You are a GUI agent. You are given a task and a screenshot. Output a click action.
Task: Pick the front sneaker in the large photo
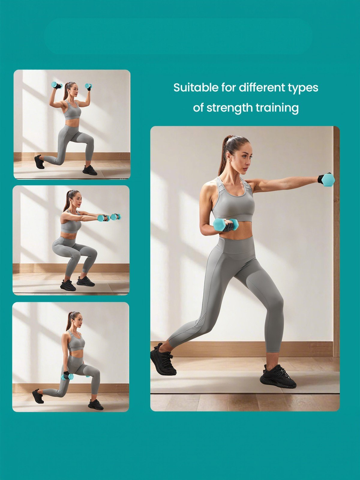click(277, 377)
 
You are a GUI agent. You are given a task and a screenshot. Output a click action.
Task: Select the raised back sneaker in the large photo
click(163, 359)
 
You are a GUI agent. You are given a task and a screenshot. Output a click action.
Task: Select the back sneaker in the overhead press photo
click(39, 162)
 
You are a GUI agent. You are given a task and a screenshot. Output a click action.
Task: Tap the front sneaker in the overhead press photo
click(90, 170)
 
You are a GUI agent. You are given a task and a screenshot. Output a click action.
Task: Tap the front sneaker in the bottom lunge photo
click(95, 405)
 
